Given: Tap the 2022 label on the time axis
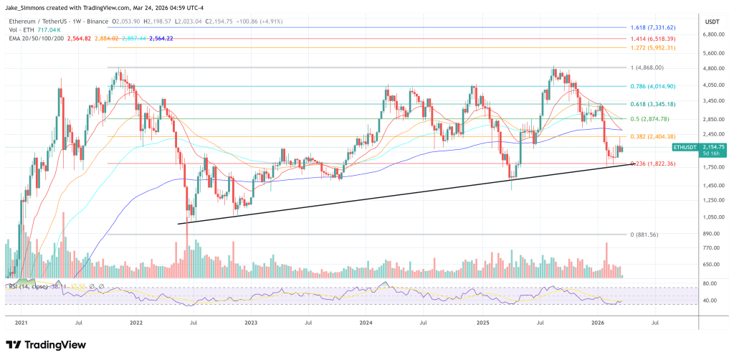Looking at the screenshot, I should click(135, 323).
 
